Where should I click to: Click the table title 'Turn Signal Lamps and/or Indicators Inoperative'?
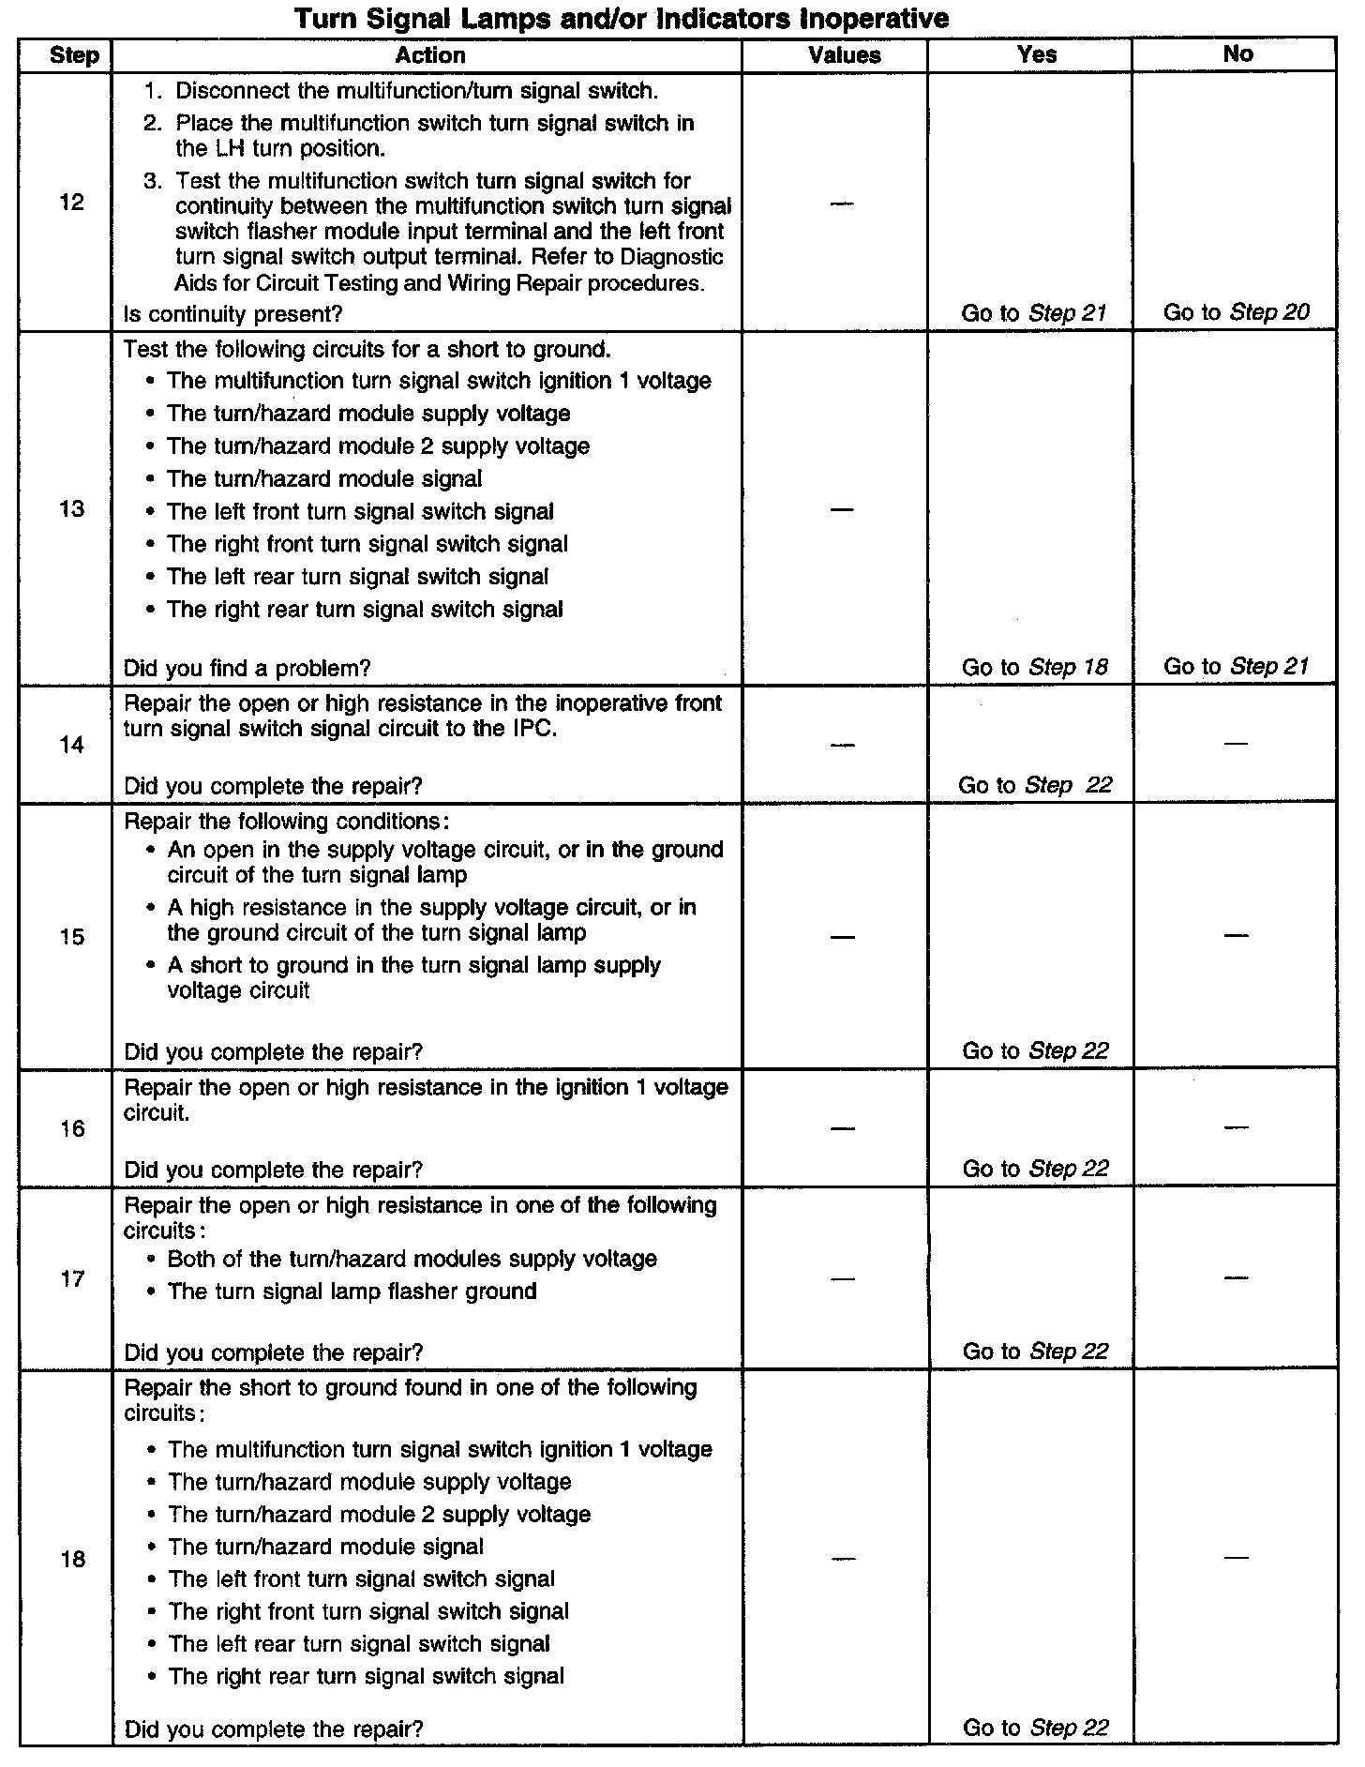point(622,18)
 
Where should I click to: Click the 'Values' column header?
point(844,55)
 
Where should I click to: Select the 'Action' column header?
point(429,55)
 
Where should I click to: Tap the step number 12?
point(71,203)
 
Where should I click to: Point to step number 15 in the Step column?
point(71,937)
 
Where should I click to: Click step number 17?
point(71,1279)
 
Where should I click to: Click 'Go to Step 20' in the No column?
point(1236,312)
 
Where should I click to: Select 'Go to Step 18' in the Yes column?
point(1034,667)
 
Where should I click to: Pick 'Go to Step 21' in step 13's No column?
point(1236,666)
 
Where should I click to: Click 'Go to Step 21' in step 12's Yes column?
point(1034,313)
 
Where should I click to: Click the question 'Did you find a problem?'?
point(247,668)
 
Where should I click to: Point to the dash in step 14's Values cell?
point(843,745)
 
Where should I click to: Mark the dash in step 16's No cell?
point(1236,1127)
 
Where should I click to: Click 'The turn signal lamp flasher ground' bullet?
point(352,1291)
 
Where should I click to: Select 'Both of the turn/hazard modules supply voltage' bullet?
point(412,1259)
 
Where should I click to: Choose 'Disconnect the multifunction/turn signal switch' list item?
point(416,91)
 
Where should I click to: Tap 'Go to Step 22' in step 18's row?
point(1035,1729)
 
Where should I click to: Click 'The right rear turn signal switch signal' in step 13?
point(365,610)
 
